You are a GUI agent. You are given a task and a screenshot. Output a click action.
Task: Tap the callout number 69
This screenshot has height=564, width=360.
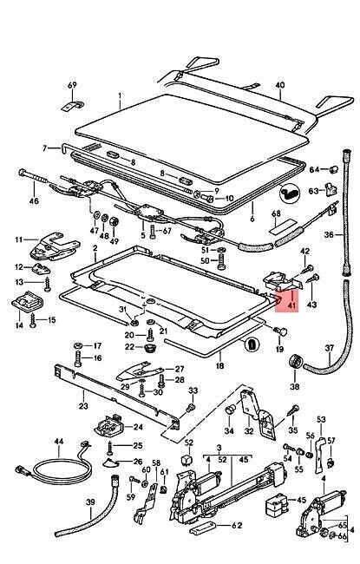point(72,85)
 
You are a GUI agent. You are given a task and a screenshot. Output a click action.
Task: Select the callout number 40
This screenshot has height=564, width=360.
point(280,85)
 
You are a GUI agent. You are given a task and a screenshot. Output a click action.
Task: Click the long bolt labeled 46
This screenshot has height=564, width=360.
point(33,176)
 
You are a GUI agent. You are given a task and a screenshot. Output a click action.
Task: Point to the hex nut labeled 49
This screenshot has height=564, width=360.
point(114,221)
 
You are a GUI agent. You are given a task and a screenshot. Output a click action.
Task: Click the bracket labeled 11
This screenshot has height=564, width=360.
point(55,246)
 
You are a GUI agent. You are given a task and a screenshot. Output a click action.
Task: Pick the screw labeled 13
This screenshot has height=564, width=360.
point(47,285)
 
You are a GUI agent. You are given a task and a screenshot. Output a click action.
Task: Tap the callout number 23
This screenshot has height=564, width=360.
point(83,406)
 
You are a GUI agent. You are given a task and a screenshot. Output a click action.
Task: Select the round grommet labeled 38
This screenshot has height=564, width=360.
point(296,362)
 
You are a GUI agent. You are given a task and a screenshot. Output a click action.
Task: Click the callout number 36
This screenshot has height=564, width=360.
point(329,235)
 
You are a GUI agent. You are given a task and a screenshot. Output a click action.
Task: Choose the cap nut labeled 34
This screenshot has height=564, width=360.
point(230,410)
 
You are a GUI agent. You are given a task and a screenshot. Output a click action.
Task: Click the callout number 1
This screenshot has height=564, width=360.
point(120,95)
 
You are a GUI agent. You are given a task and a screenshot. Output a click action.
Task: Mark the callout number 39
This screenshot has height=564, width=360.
point(90,502)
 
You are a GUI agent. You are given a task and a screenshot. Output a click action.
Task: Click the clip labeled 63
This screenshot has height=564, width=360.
point(331,189)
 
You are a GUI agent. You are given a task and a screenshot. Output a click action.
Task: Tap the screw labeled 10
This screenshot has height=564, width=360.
point(207,198)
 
